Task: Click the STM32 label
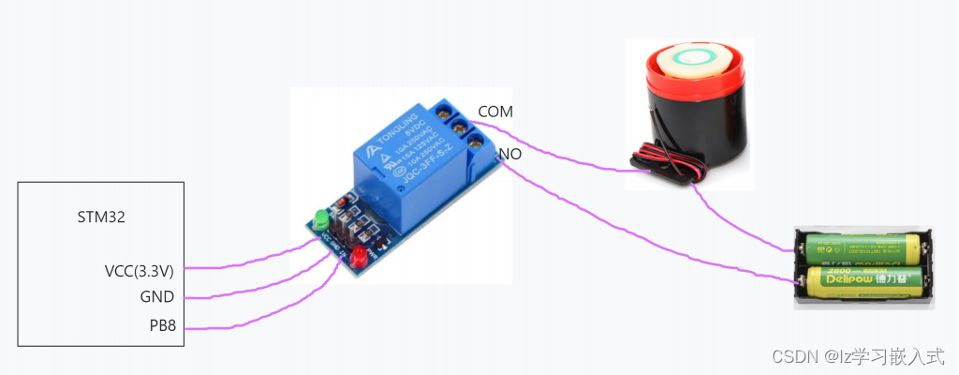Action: pyautogui.click(x=101, y=217)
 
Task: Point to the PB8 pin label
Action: pyautogui.click(x=161, y=326)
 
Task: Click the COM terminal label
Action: pyautogui.click(x=495, y=112)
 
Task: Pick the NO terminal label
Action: pyautogui.click(x=509, y=154)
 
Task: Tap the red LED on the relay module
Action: pyautogui.click(x=360, y=256)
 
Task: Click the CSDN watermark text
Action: pyautogui.click(x=856, y=356)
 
